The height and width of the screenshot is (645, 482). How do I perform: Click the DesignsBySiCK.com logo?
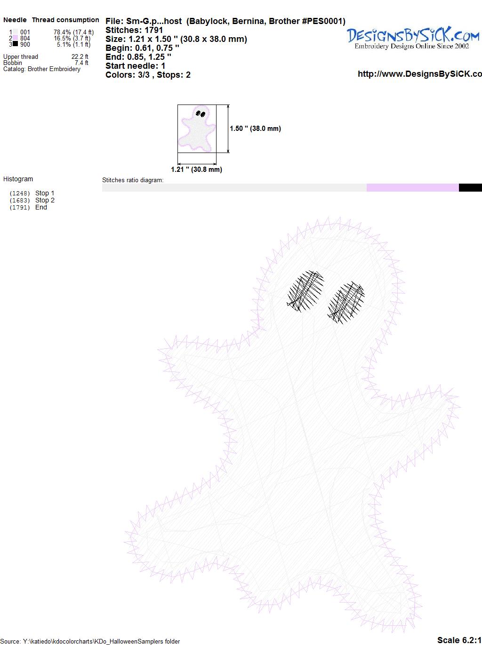click(413, 38)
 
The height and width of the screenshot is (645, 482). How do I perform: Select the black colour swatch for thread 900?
click(15, 44)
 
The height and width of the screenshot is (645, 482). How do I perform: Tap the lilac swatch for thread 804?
click(15, 38)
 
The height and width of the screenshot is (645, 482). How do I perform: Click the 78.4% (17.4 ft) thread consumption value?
click(73, 32)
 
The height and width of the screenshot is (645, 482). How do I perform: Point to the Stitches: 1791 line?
click(134, 30)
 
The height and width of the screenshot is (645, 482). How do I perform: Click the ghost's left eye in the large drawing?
click(305, 291)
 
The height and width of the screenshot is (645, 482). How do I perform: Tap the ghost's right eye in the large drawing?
click(346, 303)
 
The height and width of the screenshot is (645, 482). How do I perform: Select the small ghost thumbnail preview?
click(197, 129)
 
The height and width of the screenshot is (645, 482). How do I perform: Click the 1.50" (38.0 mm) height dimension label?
click(255, 129)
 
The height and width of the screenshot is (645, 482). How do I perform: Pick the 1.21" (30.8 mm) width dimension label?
click(196, 169)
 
